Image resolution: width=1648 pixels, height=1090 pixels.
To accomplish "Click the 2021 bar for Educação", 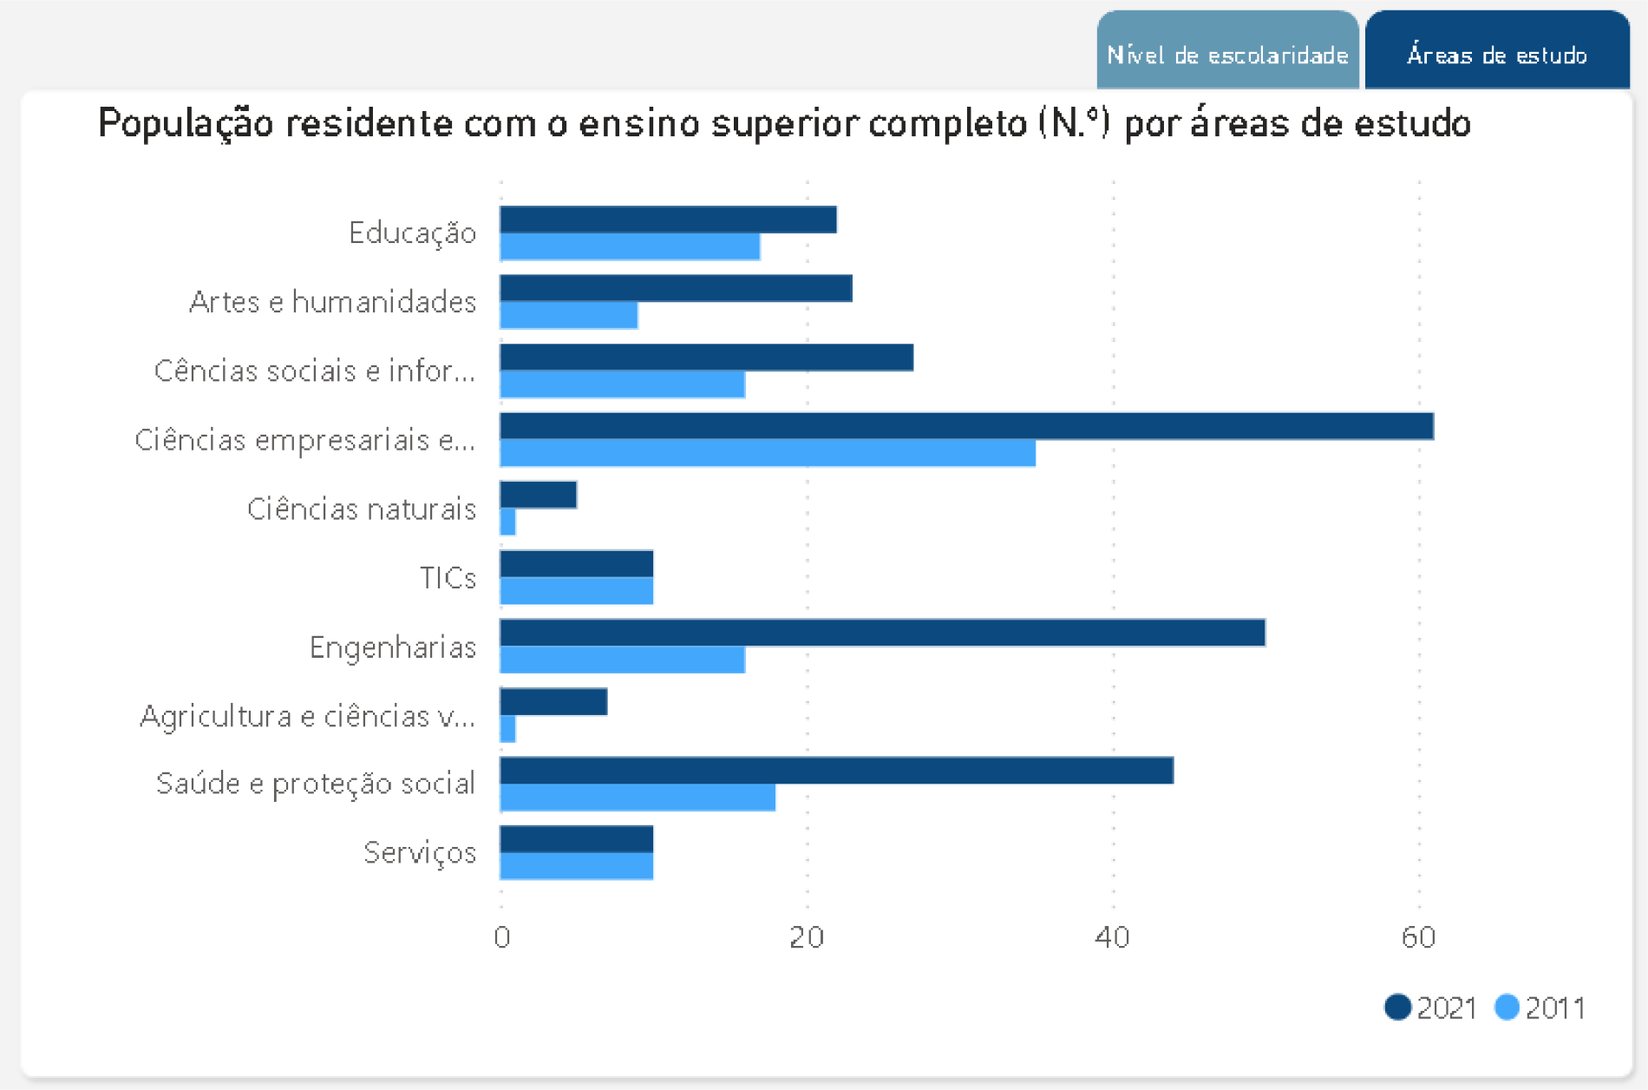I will [668, 220].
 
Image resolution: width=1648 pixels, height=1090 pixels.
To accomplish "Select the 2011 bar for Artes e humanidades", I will [569, 315].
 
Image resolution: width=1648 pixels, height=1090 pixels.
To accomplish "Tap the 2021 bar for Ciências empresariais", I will [966, 426].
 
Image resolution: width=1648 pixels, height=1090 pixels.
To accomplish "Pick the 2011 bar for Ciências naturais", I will [508, 522].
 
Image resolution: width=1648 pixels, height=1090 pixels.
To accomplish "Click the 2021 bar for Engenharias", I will [882, 633].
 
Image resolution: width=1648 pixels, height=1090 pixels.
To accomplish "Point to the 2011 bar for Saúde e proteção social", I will [638, 798].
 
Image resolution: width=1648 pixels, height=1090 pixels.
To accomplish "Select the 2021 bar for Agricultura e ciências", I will [553, 701].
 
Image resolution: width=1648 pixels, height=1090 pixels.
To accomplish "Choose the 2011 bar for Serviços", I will [577, 866].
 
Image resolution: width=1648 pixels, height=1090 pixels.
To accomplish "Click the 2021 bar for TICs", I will [577, 564].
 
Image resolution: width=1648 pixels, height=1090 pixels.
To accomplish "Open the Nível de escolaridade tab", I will [1227, 54].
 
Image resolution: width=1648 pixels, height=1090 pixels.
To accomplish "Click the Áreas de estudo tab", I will [1497, 54].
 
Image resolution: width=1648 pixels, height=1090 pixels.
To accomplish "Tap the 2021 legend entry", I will [1431, 1008].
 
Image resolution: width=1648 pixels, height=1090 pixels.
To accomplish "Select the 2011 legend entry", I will [1540, 1008].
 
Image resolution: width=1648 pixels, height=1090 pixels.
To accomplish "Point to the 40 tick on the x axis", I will [1112, 937].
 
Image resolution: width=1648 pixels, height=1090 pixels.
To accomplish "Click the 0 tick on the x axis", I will [501, 937].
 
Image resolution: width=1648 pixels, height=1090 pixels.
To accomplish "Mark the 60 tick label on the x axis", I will [1419, 937].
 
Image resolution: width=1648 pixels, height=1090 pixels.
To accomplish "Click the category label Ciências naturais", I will [362, 509].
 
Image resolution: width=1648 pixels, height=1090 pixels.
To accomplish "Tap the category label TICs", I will [448, 578].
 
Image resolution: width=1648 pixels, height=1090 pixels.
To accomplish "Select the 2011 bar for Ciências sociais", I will [622, 384].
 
